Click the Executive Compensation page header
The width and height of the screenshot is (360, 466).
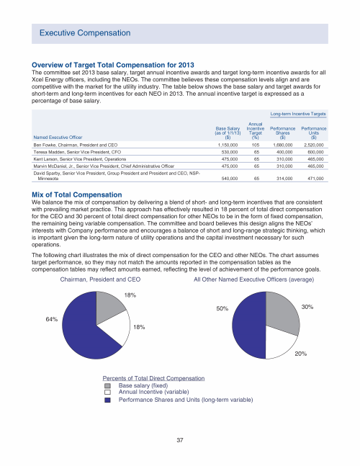(x=85, y=32)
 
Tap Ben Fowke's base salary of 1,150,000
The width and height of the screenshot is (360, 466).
(x=228, y=145)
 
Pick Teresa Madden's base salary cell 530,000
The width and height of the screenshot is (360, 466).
(x=230, y=152)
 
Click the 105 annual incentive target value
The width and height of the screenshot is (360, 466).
(x=256, y=145)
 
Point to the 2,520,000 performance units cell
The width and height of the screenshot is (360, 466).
(x=314, y=145)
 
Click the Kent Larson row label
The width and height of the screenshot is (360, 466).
(x=80, y=159)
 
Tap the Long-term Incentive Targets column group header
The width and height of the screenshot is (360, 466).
(x=298, y=114)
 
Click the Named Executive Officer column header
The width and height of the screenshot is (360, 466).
(x=58, y=138)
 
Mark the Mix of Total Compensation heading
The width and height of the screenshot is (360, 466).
(x=76, y=194)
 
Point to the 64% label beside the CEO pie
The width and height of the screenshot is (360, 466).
(x=51, y=319)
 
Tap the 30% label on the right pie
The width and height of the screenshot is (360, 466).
(x=307, y=307)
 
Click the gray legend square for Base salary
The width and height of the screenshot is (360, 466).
(x=107, y=385)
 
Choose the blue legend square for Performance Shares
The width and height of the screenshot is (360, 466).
(x=107, y=400)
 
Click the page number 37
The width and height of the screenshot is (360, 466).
(x=180, y=440)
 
